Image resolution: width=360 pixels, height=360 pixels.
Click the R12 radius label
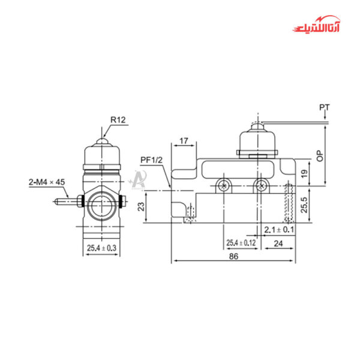tap(118, 120)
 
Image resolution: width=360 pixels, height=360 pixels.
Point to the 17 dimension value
tap(184, 141)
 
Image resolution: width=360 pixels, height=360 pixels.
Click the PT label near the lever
tap(324, 107)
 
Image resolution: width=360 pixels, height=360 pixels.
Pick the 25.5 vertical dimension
tap(304, 206)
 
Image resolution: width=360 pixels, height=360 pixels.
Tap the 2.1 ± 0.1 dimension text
tap(280, 230)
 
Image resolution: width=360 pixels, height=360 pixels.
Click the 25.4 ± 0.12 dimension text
tap(241, 243)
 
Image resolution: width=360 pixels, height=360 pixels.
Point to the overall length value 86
tap(233, 256)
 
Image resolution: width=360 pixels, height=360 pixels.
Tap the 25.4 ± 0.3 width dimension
tap(101, 247)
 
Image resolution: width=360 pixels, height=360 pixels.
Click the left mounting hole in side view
tap(224, 185)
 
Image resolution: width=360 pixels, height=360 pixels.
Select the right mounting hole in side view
tap(260, 185)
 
